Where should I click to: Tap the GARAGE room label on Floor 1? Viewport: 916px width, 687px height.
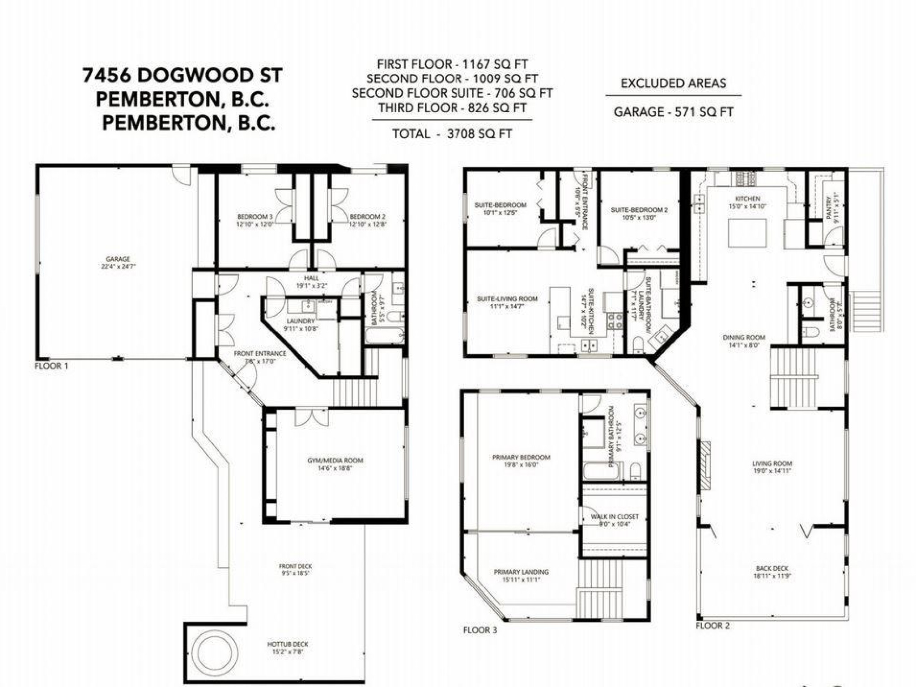[118, 262]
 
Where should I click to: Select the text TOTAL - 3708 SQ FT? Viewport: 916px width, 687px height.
[452, 134]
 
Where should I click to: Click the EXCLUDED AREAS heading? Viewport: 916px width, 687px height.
[673, 83]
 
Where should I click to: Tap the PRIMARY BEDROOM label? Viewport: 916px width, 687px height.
[521, 461]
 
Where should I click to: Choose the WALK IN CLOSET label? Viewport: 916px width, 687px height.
[615, 520]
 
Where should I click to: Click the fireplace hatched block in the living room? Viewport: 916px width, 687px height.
[705, 466]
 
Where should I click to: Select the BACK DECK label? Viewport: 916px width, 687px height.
[772, 572]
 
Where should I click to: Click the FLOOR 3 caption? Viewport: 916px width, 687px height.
[480, 630]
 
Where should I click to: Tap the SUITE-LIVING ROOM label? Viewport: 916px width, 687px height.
[507, 302]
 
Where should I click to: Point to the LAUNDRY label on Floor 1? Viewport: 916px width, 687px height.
[301, 324]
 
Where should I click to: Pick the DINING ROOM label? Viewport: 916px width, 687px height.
[744, 341]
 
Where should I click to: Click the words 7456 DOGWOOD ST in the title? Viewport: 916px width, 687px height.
[182, 75]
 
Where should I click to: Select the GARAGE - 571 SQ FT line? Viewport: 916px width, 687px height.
[673, 112]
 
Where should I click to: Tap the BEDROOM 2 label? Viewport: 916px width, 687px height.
[367, 220]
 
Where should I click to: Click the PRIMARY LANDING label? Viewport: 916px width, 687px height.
[521, 575]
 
